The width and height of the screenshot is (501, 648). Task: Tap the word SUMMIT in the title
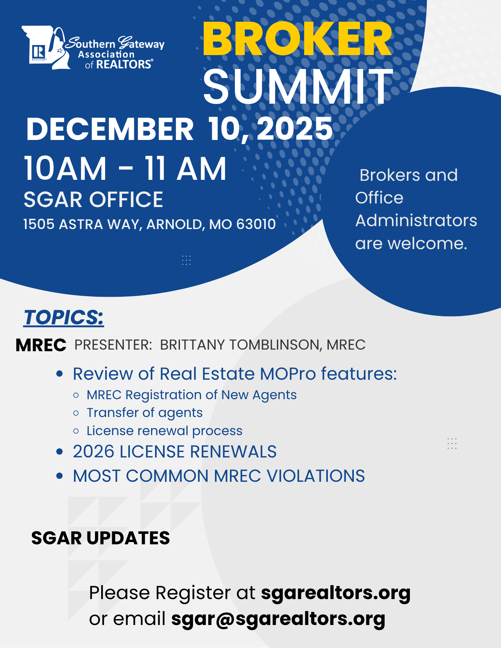298,87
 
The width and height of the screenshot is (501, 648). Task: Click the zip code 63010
256,224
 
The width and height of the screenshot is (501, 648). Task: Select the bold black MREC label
41,345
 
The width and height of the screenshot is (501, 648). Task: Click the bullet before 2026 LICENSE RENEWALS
59,451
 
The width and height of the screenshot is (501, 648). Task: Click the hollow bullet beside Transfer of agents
76,413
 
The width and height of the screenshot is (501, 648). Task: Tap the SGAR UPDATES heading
101,538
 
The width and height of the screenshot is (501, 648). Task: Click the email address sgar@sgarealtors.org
278,619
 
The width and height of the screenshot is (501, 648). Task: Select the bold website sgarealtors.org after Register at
336,593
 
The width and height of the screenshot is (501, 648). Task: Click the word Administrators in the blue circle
416,221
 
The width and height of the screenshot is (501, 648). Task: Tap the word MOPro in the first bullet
288,374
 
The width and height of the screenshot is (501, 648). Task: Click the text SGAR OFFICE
93,199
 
